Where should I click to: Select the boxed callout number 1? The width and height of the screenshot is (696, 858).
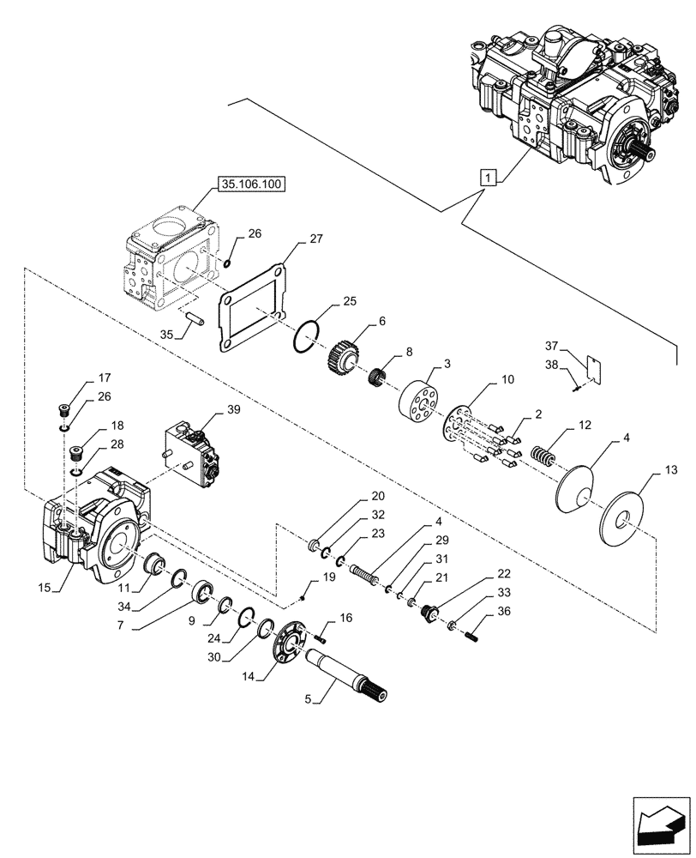pos(486,178)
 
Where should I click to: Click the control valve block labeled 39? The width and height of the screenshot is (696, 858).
pos(195,451)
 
